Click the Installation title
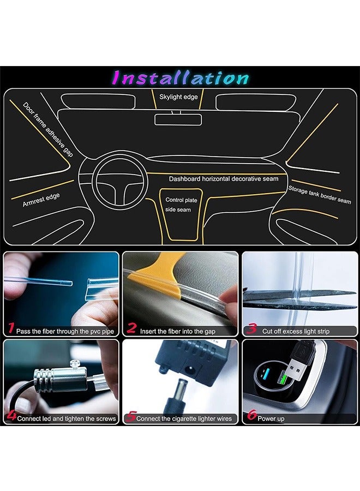click(181, 77)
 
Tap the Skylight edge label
click(178, 97)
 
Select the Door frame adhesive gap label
click(48, 129)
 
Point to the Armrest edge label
click(41, 200)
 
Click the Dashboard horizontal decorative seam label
click(224, 179)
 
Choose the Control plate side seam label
click(181, 205)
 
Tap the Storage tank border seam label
click(320, 195)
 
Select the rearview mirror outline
click(178, 119)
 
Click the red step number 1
click(11, 328)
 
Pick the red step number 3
click(251, 328)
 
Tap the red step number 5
click(131, 416)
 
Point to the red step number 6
click(252, 415)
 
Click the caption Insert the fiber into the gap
click(177, 331)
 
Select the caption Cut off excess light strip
click(296, 331)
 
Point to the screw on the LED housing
click(75, 364)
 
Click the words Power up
click(271, 418)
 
